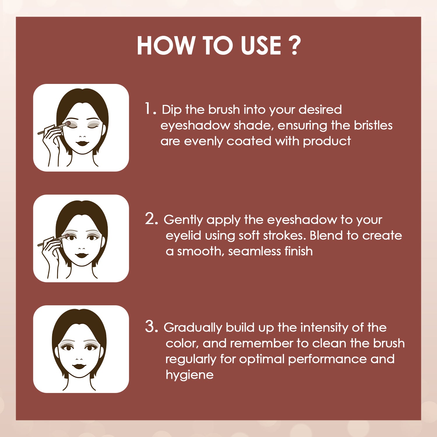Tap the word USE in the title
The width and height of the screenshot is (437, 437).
(261, 45)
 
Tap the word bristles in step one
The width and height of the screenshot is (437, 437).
(373, 125)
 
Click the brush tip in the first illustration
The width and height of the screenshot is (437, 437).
(68, 124)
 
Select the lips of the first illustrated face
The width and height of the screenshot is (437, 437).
(83, 143)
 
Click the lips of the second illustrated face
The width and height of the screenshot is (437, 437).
(82, 255)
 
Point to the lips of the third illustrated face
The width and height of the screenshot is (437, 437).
(79, 366)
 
